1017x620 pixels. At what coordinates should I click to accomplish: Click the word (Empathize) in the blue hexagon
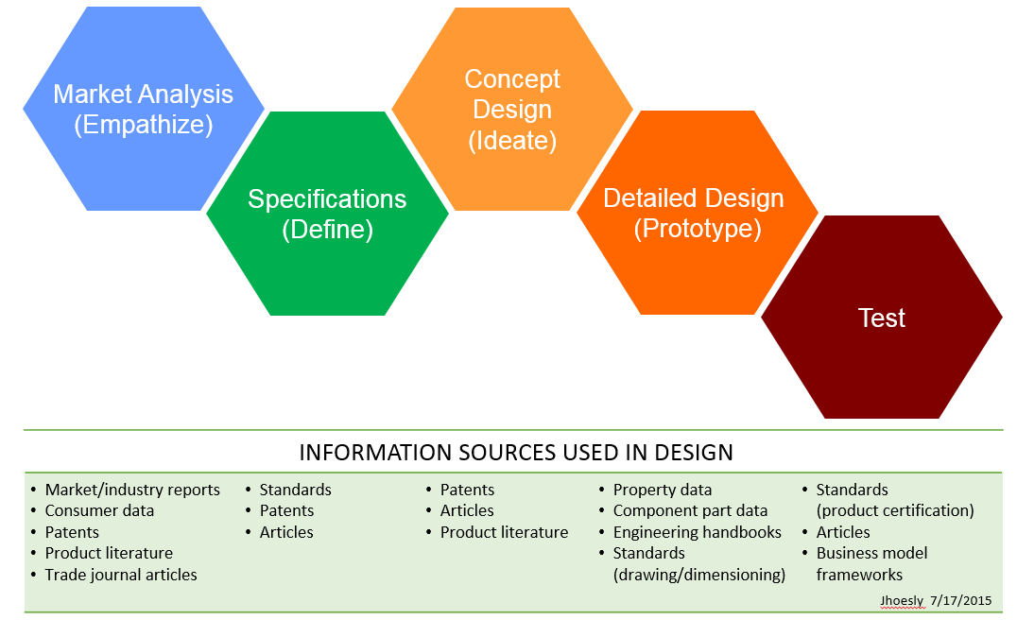[143, 125]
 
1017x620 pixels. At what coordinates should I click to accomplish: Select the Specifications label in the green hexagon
[327, 199]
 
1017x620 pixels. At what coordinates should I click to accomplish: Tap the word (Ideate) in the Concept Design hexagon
[512, 141]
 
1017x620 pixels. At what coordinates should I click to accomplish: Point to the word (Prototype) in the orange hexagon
[698, 229]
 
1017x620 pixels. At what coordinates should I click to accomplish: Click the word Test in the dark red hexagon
[881, 319]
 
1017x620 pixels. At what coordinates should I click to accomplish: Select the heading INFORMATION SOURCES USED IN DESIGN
[515, 453]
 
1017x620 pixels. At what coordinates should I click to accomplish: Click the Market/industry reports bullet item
[132, 490]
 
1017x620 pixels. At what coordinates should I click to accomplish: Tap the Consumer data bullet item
[99, 510]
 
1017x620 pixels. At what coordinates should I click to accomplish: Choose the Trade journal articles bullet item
[121, 575]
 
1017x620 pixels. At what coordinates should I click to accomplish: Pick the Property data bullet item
[662, 490]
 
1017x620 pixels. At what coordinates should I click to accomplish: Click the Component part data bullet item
[690, 510]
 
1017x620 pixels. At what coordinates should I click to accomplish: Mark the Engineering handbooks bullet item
[697, 532]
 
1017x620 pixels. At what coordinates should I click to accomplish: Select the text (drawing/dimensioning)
[699, 575]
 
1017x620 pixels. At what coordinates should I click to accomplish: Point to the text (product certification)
[895, 510]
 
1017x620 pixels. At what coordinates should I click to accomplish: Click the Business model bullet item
[871, 553]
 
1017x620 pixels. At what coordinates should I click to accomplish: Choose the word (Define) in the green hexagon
[327, 230]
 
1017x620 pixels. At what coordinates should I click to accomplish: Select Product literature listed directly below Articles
[504, 532]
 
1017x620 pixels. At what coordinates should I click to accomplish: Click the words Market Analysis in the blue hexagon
[143, 95]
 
